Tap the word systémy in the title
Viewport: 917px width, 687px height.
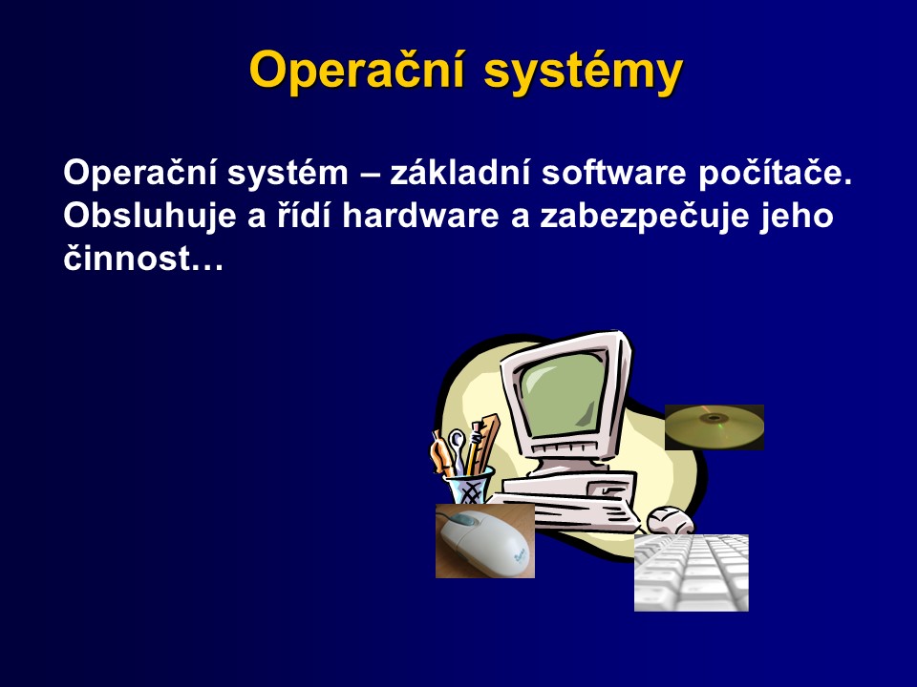point(584,72)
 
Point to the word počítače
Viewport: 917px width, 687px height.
point(775,174)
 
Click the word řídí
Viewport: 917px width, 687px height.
point(305,215)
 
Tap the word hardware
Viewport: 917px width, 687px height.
point(421,215)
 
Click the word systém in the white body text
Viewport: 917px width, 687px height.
point(288,174)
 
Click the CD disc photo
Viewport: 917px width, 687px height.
point(714,427)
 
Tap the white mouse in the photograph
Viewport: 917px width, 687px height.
point(486,539)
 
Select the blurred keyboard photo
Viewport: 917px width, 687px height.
point(692,572)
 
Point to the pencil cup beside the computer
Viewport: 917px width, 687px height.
point(470,485)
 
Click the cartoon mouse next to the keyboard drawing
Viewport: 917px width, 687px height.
point(671,520)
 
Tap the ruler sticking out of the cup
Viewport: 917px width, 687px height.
point(487,442)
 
